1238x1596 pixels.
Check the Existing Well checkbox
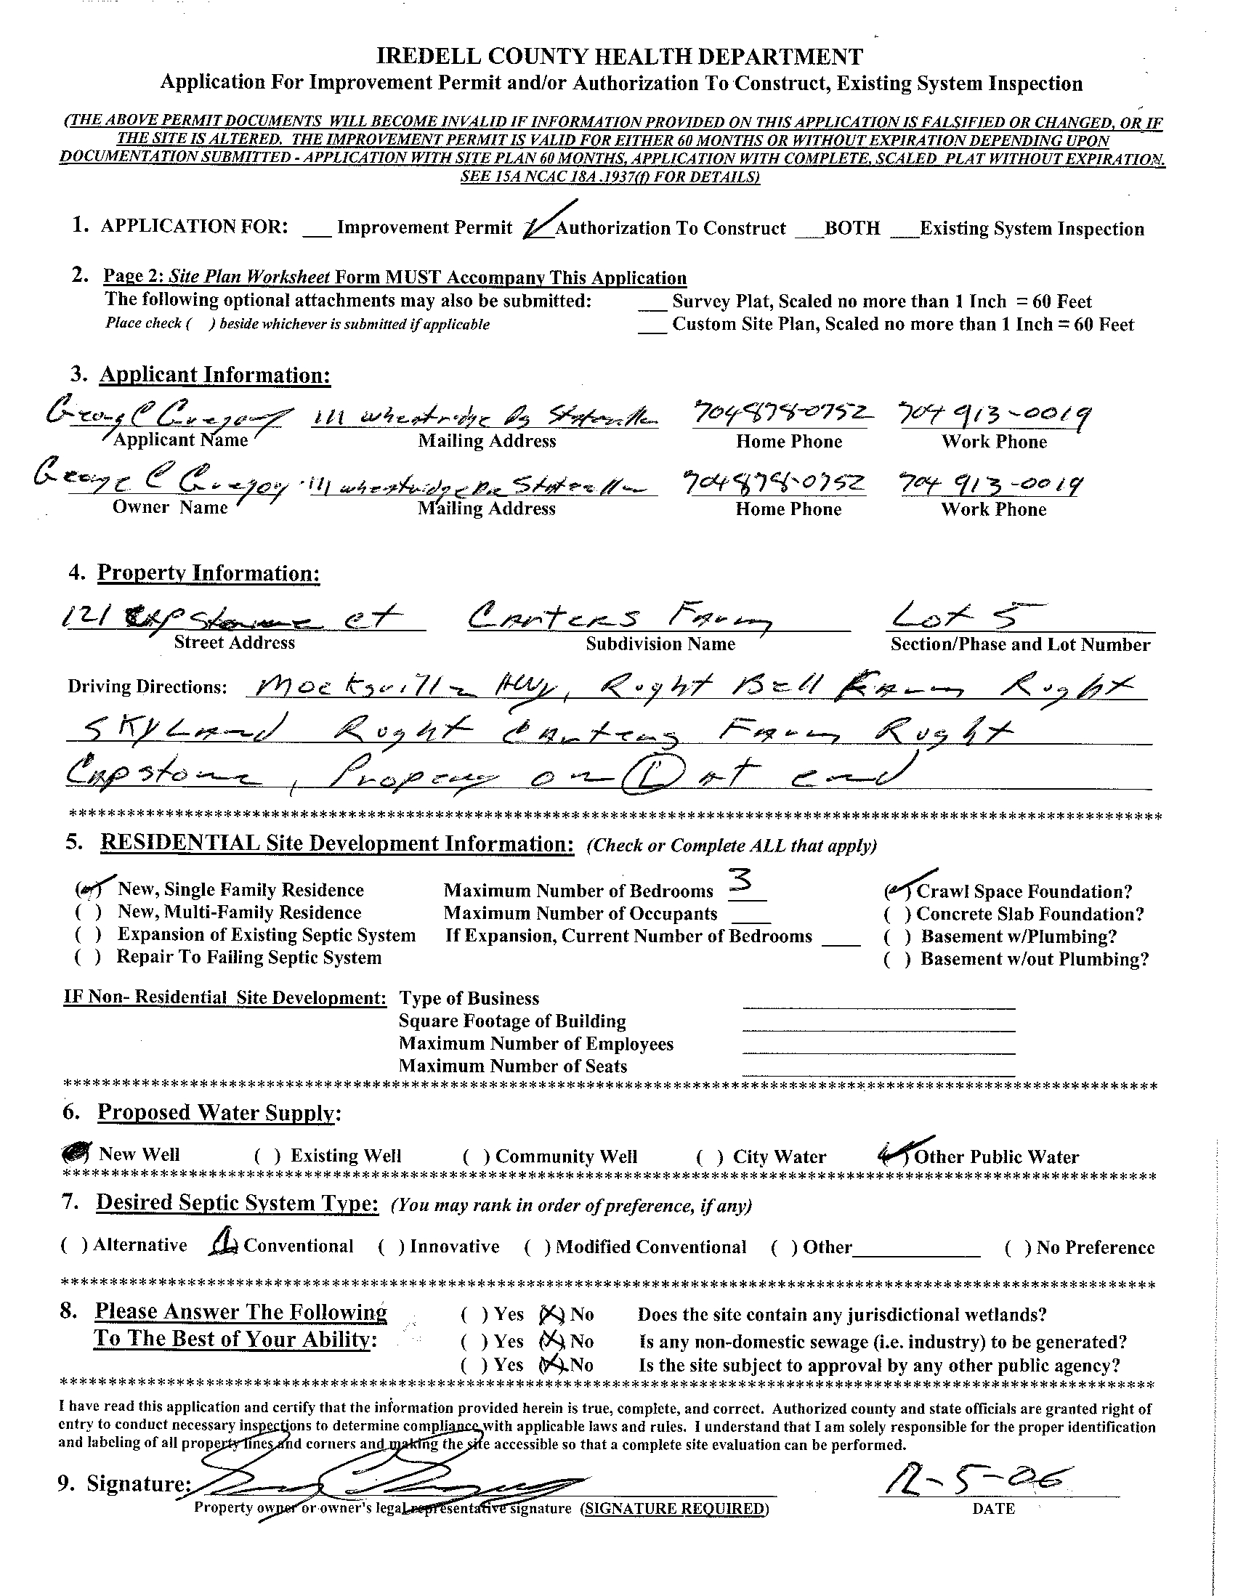click(267, 1156)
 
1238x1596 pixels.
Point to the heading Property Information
click(209, 573)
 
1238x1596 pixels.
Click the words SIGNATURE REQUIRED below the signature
click(674, 1508)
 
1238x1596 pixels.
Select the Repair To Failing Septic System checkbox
click(88, 958)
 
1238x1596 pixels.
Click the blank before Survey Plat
click(652, 301)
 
